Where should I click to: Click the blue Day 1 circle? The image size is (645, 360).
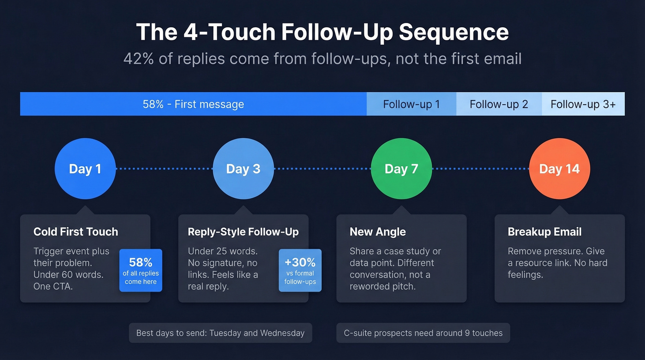click(x=85, y=169)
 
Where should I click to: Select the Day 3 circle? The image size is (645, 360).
click(x=243, y=169)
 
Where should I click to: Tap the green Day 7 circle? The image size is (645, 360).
click(x=401, y=169)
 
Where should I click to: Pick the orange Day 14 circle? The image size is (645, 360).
click(x=559, y=169)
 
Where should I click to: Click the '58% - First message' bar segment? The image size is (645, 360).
click(x=193, y=104)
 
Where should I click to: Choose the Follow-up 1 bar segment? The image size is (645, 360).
click(x=411, y=104)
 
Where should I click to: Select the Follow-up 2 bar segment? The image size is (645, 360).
click(x=499, y=104)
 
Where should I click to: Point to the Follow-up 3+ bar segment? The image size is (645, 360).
click(x=583, y=104)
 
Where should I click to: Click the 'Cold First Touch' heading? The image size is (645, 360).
click(x=76, y=232)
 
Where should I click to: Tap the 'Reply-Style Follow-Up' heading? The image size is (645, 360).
click(x=243, y=232)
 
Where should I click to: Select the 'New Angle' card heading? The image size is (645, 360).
click(x=378, y=232)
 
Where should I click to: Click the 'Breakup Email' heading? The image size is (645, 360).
click(x=545, y=232)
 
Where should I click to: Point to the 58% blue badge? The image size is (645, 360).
click(x=141, y=270)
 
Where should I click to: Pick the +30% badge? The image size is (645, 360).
click(x=300, y=270)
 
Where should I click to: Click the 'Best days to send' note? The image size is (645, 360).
click(x=220, y=333)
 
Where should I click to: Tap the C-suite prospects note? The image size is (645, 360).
click(x=423, y=333)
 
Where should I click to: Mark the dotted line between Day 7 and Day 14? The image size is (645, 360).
click(x=480, y=169)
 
